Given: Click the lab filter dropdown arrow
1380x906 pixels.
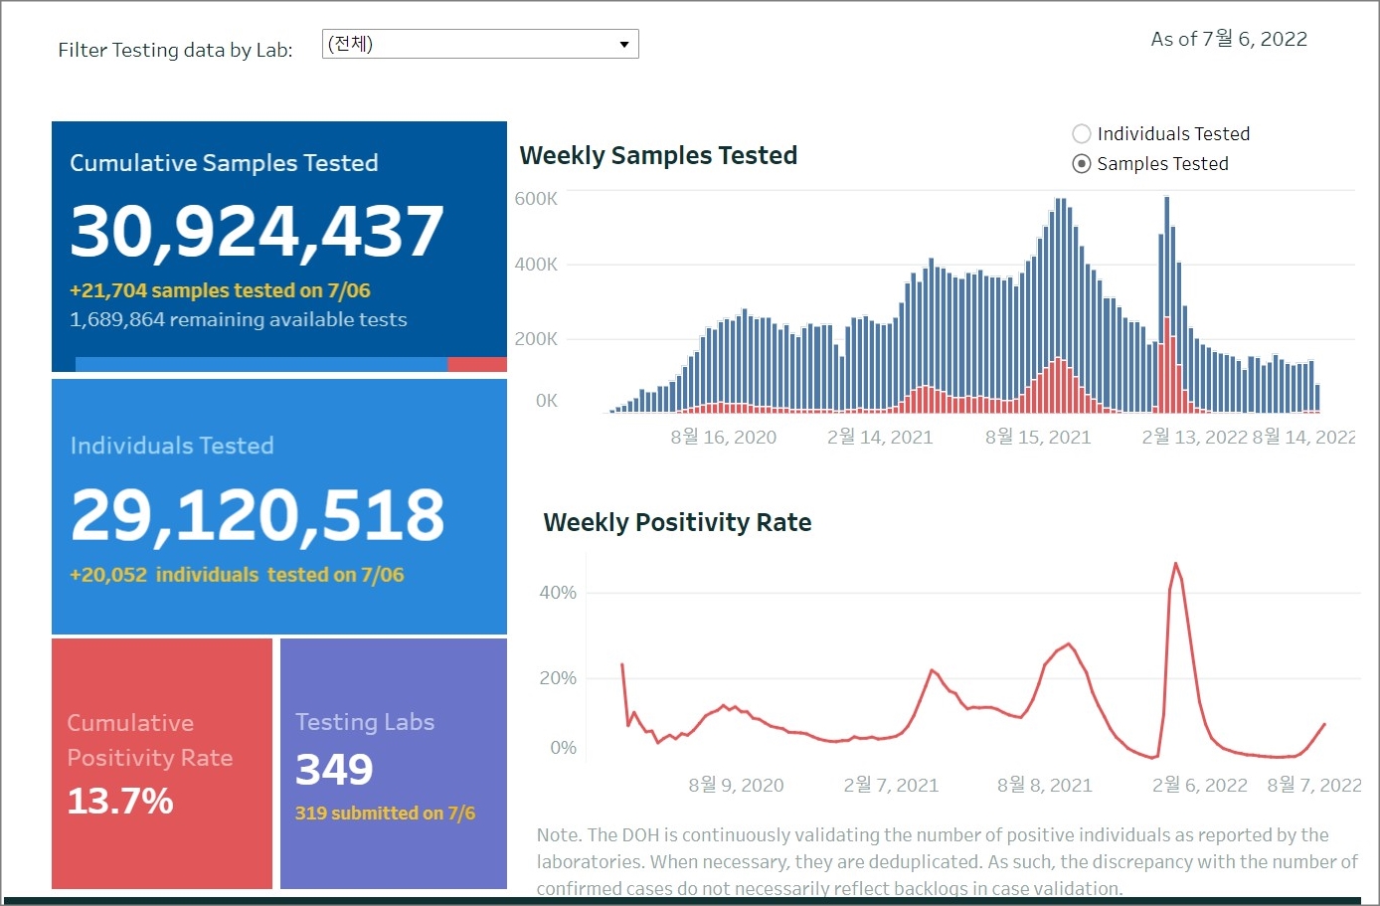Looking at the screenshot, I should click(623, 45).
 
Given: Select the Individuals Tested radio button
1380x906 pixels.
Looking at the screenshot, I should click(1082, 134).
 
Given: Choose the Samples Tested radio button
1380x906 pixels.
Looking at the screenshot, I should click(1082, 164).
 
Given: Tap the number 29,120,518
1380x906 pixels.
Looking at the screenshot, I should click(258, 515).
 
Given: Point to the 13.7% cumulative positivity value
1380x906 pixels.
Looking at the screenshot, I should click(120, 801).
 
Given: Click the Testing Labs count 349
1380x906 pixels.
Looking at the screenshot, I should click(334, 769).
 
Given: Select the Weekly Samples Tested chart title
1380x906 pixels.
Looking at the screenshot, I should click(658, 155).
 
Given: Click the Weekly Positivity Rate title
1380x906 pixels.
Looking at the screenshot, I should click(677, 522).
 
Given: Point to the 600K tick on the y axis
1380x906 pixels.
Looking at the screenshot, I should click(536, 199).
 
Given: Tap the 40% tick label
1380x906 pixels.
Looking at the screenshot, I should click(558, 593).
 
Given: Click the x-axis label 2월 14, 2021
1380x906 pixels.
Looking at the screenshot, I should click(880, 438).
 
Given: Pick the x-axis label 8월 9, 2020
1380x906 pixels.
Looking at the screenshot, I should click(736, 786).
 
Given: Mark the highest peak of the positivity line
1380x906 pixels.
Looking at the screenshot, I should click(1176, 564).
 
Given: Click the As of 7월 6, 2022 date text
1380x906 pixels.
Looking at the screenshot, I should click(1229, 40).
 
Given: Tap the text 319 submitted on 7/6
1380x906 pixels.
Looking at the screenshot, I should click(385, 814).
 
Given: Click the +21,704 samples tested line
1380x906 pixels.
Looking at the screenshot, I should click(220, 290).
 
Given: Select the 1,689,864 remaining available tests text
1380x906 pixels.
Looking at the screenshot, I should click(239, 319).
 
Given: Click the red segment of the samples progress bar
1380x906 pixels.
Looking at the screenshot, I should click(477, 365).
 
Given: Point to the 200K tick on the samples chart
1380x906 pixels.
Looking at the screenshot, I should click(536, 339).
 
